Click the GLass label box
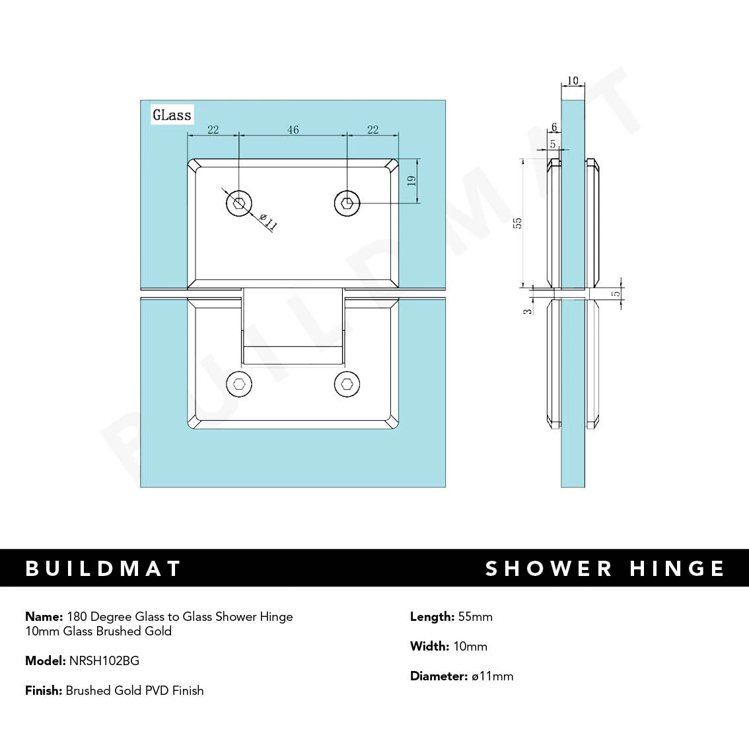click(172, 115)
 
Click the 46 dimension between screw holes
click(293, 129)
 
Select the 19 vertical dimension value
click(411, 180)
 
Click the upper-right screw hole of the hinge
click(347, 203)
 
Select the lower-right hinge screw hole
click(347, 383)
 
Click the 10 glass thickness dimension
click(573, 81)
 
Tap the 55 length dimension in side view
click(518, 223)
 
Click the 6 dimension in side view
click(554, 127)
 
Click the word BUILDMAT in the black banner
click(103, 569)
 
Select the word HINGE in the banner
click(677, 569)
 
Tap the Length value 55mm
click(475, 617)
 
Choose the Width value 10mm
click(470, 647)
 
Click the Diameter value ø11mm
click(492, 676)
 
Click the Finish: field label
click(44, 691)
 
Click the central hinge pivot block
click(293, 326)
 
